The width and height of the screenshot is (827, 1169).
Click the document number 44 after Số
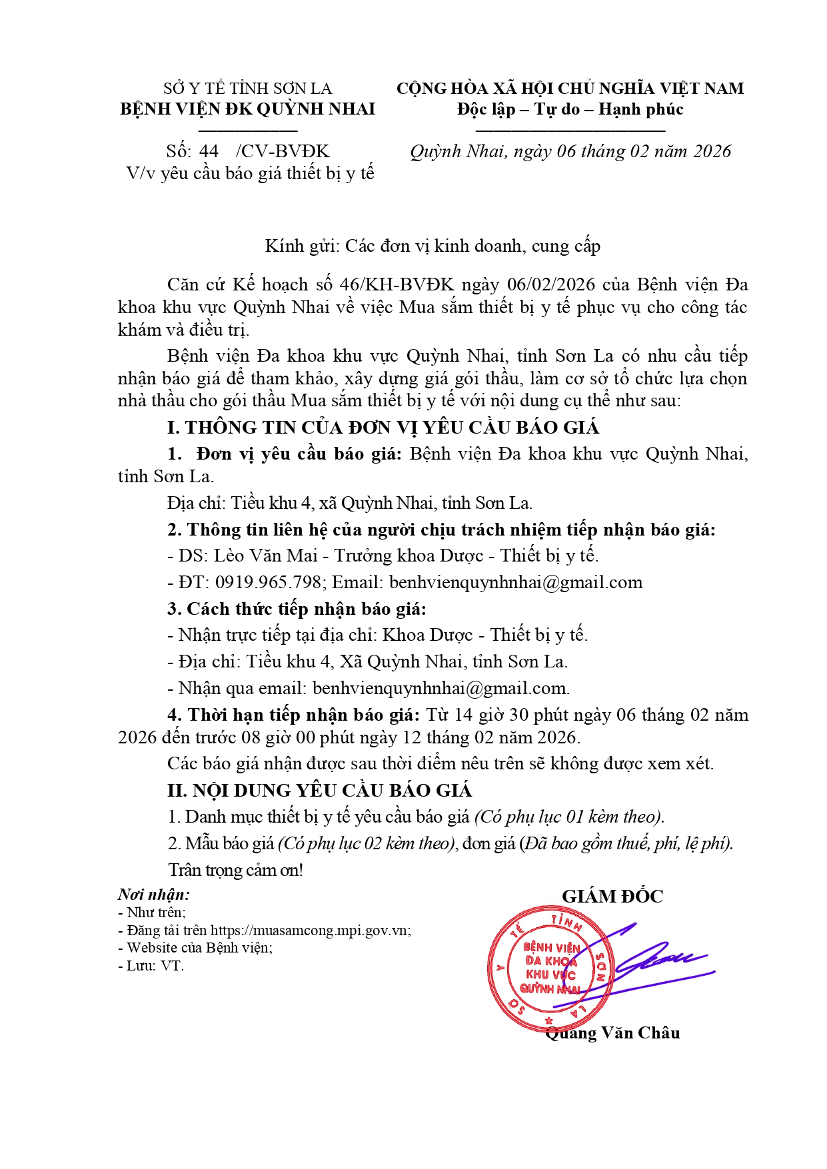coord(209,151)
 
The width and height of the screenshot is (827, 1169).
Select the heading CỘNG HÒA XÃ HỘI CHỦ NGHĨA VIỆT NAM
coord(570,89)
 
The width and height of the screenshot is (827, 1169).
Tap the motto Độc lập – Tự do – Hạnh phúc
coord(570,109)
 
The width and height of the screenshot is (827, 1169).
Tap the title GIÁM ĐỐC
coord(612,897)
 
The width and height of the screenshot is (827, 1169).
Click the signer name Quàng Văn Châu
coord(612,1033)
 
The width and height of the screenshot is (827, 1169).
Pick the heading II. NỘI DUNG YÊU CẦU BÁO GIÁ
coord(319,791)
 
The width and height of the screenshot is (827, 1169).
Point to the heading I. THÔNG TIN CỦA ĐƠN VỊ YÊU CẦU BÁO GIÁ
coord(383,428)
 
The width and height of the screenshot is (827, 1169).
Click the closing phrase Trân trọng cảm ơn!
coord(235,871)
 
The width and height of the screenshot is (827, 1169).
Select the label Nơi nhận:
coord(154,895)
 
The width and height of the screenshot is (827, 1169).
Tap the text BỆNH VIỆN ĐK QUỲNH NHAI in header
coord(247,109)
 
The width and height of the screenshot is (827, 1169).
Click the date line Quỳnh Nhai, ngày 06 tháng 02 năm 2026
coord(570,152)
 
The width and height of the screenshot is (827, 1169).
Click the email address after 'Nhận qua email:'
coord(440,688)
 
